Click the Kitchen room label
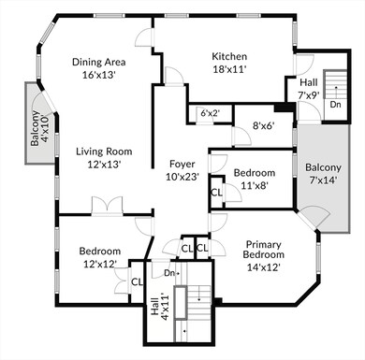[228, 55]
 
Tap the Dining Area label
[99, 63]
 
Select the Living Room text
[103, 151]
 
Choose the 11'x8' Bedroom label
[254, 173]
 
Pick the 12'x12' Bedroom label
[99, 252]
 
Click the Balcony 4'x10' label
[37, 128]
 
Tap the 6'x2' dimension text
[210, 114]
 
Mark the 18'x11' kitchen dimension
[228, 69]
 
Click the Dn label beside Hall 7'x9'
[335, 104]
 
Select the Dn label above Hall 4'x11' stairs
[169, 273]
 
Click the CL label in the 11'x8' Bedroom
[216, 192]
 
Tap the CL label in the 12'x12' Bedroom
[137, 281]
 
